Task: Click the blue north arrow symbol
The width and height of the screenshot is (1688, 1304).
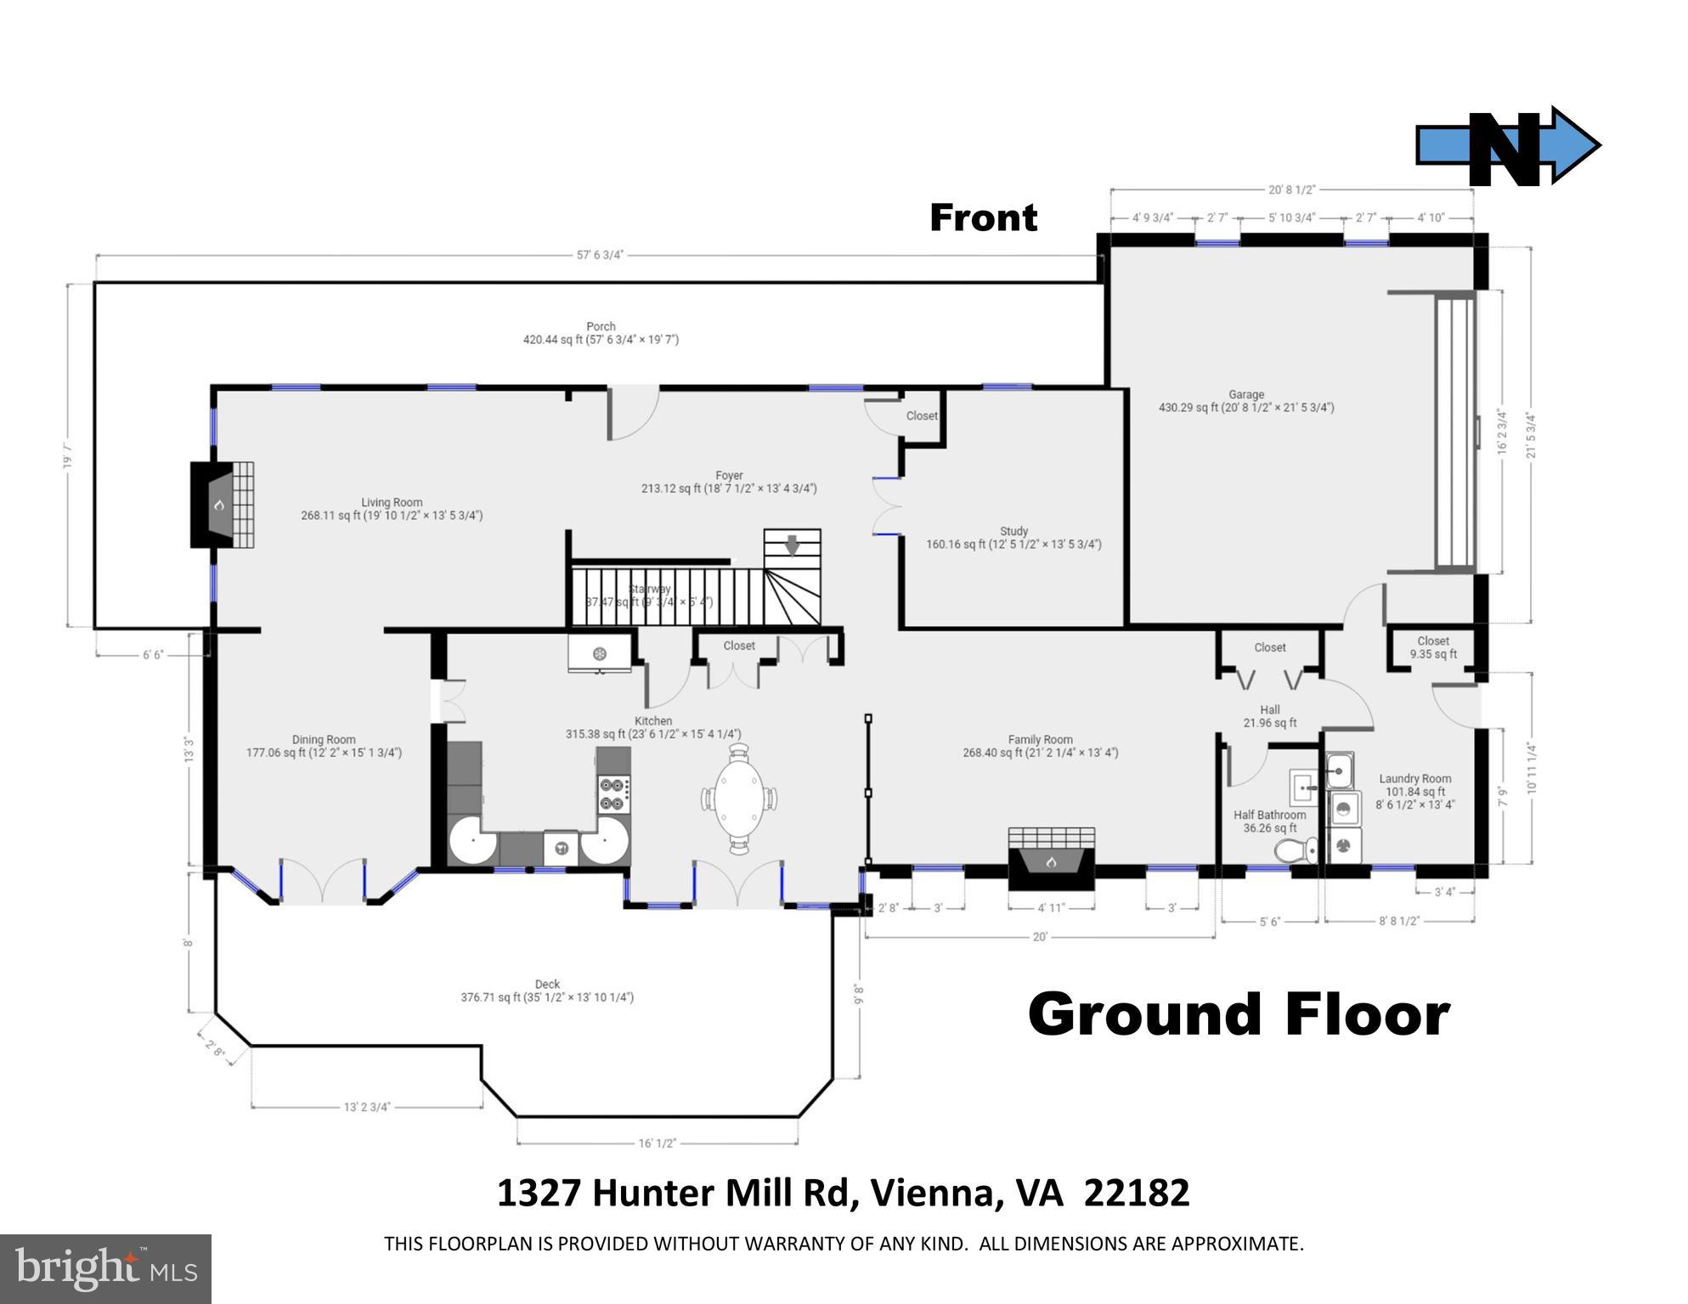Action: tap(1508, 146)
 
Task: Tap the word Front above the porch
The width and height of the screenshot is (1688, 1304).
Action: tap(983, 217)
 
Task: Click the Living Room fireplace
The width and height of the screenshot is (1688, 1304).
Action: tap(222, 505)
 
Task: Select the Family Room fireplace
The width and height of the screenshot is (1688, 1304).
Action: tap(1051, 858)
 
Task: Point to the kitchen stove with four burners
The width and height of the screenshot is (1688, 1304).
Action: tap(614, 793)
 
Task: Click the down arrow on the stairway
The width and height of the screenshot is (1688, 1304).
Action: tap(792, 545)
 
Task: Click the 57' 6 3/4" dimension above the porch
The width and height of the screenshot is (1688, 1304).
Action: tap(600, 254)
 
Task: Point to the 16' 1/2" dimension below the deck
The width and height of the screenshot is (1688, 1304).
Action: tap(657, 1143)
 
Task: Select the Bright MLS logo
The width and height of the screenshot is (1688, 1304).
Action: tap(105, 1268)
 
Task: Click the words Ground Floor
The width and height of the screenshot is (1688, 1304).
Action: tap(1238, 1014)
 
